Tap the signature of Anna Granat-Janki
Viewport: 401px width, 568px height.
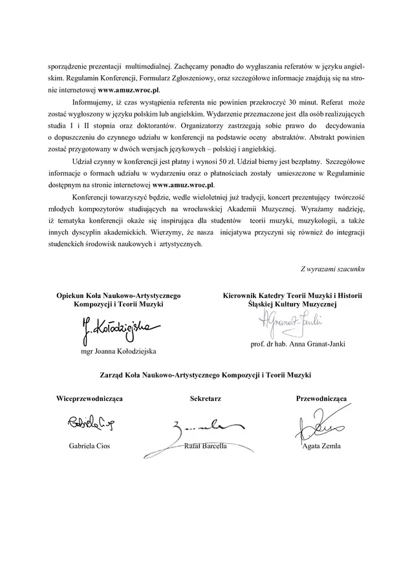tap(291, 319)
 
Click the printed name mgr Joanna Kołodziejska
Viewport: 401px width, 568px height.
tap(116, 351)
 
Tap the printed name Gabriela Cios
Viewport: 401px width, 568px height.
tap(89, 446)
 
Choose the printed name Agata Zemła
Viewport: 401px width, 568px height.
tap(321, 446)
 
